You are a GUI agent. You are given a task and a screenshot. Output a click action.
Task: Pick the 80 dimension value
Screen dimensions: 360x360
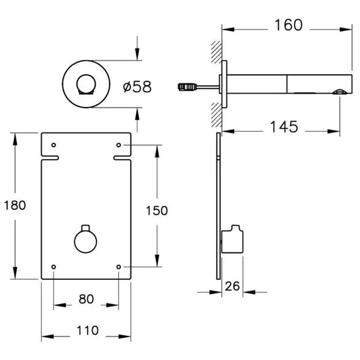point(86,298)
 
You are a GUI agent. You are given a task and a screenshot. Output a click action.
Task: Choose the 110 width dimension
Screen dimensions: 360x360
point(86,330)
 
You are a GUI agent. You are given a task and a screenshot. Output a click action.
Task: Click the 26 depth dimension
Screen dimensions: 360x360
point(232,285)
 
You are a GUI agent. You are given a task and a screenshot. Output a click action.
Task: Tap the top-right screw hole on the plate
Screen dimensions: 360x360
point(119,145)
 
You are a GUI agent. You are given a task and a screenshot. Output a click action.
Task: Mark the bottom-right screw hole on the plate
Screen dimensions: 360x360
point(119,267)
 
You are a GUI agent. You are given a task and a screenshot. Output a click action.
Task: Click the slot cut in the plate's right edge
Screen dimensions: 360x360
point(123,159)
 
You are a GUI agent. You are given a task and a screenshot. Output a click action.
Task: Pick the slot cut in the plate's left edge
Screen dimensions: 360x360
point(50,159)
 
